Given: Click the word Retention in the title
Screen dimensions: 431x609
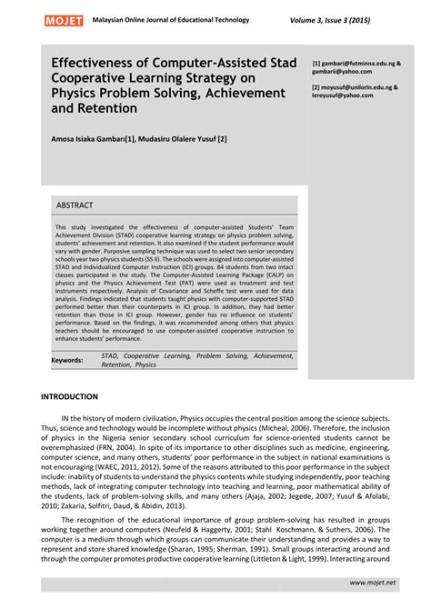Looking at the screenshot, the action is (106, 108).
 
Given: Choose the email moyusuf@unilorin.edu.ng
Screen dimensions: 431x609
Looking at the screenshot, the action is (357, 87).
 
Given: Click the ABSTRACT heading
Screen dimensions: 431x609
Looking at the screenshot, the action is (75, 205).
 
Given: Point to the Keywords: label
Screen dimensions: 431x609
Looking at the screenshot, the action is (67, 360).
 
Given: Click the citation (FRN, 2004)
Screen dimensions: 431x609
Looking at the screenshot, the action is (136, 447).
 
